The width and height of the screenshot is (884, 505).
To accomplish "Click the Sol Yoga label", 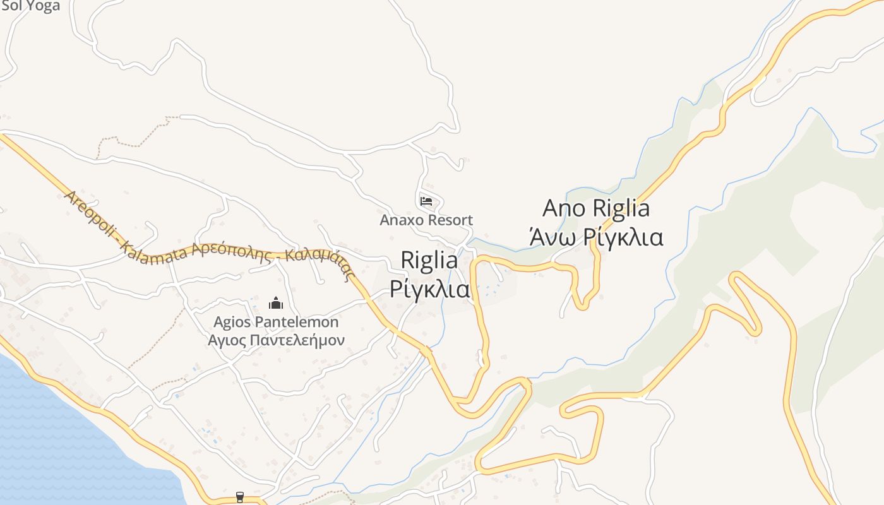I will click(x=30, y=6).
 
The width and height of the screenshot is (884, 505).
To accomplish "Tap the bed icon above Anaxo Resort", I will click(x=426, y=201).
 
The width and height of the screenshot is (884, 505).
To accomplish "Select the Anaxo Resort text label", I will click(x=426, y=220).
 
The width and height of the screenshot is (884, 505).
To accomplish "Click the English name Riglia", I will click(x=429, y=260).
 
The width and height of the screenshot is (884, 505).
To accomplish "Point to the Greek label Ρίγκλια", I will click(x=429, y=288).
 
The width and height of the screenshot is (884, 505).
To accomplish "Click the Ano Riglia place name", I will click(x=596, y=208).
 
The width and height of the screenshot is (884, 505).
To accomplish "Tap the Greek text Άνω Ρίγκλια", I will click(x=596, y=237).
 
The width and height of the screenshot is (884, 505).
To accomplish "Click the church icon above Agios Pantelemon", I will click(x=275, y=303).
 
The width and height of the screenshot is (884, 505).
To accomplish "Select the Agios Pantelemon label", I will click(x=276, y=322).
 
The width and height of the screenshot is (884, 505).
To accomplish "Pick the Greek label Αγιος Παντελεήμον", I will click(x=276, y=341).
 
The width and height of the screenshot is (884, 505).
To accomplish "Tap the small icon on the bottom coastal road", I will click(x=239, y=497).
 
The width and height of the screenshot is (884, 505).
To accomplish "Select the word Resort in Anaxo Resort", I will click(x=450, y=220).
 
